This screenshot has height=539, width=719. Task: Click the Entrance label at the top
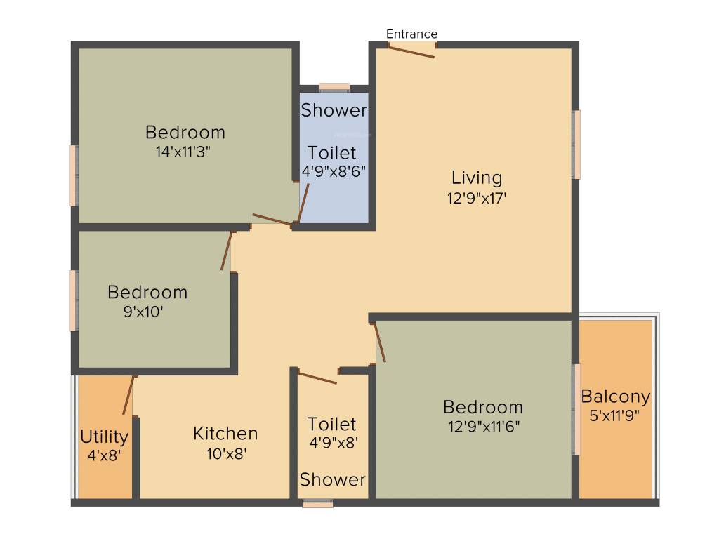click(x=412, y=34)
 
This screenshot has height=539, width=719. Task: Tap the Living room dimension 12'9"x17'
click(x=477, y=198)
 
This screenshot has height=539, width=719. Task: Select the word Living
click(x=477, y=178)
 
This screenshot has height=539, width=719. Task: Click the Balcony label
click(x=616, y=397)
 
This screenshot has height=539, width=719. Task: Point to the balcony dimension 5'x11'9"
click(x=616, y=415)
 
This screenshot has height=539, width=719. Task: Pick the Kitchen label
click(x=225, y=434)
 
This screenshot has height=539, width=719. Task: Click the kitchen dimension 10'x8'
click(x=225, y=453)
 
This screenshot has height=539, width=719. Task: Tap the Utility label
click(x=104, y=437)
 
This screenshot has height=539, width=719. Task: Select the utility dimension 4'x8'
click(x=105, y=455)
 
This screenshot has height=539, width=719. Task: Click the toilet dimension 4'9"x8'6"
click(x=334, y=171)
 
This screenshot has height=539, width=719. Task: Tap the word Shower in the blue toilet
click(x=334, y=110)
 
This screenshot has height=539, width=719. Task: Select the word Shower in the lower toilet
click(x=333, y=480)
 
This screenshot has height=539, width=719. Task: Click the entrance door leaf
click(x=412, y=51)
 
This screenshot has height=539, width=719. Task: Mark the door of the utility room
click(x=128, y=395)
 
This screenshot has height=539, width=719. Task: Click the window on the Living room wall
click(x=577, y=144)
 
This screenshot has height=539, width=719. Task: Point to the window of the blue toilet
click(x=334, y=88)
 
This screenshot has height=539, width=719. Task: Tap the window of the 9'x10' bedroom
click(x=72, y=300)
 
